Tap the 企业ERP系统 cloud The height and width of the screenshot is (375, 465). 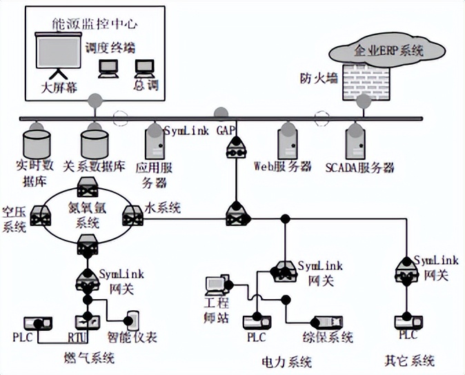[x=388, y=50]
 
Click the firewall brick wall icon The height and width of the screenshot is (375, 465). [x=363, y=81]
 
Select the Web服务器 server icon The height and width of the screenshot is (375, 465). [x=288, y=143]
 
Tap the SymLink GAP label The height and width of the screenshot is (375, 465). [x=199, y=130]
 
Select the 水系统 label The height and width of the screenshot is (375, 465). [x=162, y=207]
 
